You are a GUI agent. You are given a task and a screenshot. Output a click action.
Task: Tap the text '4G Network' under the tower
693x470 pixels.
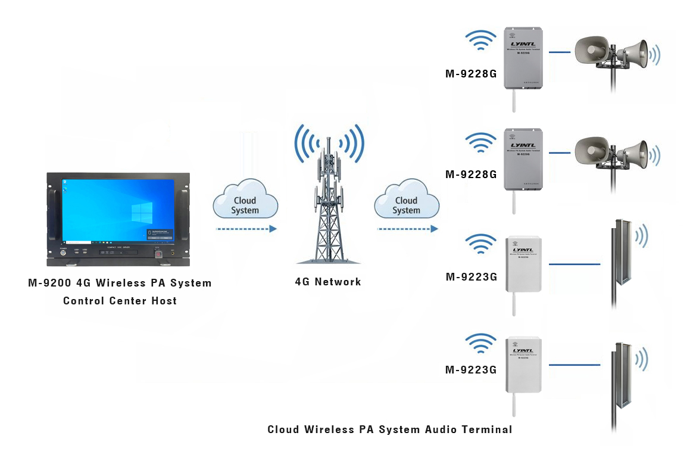[328, 282]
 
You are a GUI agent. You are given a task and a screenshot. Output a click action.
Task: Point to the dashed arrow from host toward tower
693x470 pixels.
[245, 229]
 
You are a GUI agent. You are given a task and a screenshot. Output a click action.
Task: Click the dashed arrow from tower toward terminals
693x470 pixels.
[408, 229]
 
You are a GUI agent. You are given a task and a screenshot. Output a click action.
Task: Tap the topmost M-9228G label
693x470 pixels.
[471, 74]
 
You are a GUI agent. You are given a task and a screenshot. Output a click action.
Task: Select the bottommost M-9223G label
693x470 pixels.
[471, 370]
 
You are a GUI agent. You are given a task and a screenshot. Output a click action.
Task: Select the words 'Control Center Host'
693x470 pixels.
[120, 301]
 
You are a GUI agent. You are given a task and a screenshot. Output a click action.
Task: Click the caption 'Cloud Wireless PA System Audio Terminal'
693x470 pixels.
[390, 429]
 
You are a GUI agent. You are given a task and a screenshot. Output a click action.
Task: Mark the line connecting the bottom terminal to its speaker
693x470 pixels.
[575, 365]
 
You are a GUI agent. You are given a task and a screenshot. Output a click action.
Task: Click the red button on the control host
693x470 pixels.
[158, 254]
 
